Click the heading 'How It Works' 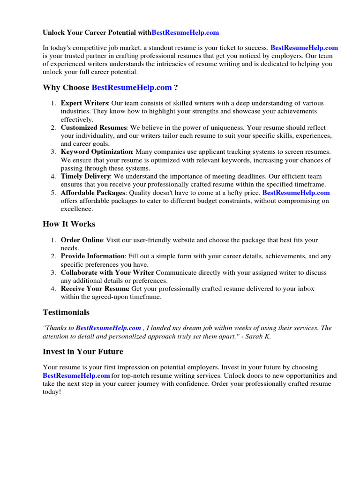pos(69,224)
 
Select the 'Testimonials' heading pos(66,312)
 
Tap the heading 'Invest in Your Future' pos(83,352)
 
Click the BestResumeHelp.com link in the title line pos(185,33)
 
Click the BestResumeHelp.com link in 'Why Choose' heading pos(132,88)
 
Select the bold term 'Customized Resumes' pos(94,127)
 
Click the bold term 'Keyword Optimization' pos(97,152)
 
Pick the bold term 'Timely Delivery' pos(85,176)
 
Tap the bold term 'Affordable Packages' pos(93,193)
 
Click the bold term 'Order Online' pos(82,240)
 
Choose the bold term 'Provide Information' pos(92,256)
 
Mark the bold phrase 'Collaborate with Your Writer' pos(107,273)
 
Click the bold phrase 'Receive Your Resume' pos(95,289)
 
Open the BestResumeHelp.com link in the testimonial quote pos(108,328)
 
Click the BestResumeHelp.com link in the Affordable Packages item pos(296,193)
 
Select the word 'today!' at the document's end pos(52,392)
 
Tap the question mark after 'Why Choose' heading pos(176,88)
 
